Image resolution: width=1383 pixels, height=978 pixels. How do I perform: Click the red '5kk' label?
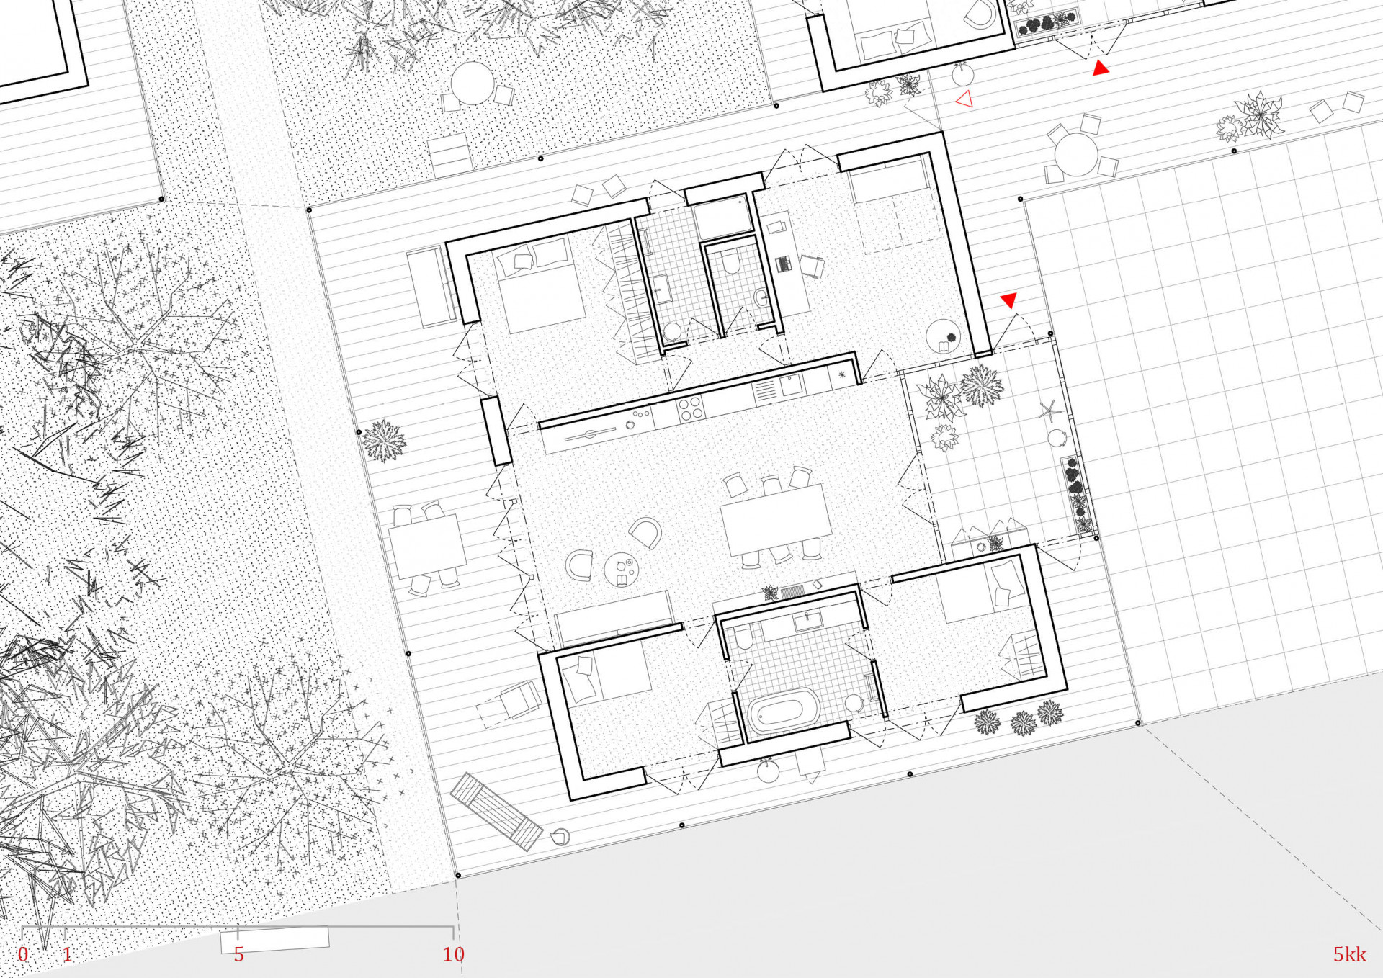pyautogui.click(x=1349, y=954)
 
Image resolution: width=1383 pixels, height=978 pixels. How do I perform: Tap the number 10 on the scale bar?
pyautogui.click(x=453, y=954)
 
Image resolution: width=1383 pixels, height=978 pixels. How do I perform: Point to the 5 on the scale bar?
pyautogui.click(x=238, y=954)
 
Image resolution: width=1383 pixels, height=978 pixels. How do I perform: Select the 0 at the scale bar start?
pyautogui.click(x=23, y=954)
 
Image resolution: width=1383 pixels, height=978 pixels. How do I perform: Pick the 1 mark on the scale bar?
pyautogui.click(x=67, y=954)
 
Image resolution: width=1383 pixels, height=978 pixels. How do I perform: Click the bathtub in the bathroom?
pyautogui.click(x=784, y=709)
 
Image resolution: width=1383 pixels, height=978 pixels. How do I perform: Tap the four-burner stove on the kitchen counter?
pyautogui.click(x=690, y=408)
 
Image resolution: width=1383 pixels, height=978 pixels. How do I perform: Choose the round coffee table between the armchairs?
pyautogui.click(x=621, y=570)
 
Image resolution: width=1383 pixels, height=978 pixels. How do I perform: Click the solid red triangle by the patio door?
pyautogui.click(x=1008, y=300)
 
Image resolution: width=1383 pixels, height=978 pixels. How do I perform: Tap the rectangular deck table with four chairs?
pyautogui.click(x=427, y=547)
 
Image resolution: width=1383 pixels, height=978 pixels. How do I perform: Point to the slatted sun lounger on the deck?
pyautogui.click(x=496, y=811)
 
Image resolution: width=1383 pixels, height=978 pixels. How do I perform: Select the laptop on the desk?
pyautogui.click(x=784, y=264)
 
